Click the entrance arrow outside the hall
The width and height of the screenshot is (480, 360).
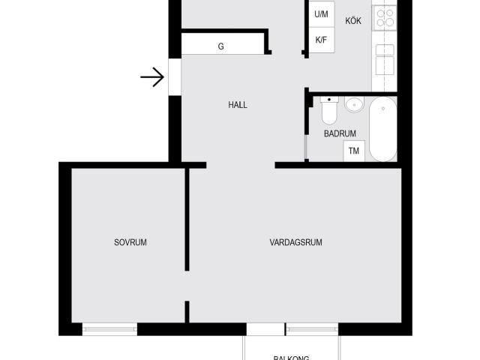153,77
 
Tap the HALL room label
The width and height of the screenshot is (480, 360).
238,105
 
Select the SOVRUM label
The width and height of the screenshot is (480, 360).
130,242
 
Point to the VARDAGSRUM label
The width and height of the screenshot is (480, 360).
295,242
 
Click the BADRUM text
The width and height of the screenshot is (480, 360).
340,133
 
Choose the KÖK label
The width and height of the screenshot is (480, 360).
353,21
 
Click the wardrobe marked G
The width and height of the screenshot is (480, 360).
221,46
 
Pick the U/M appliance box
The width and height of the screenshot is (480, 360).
321,14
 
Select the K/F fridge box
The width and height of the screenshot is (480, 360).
321,40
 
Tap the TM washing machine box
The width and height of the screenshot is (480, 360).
353,151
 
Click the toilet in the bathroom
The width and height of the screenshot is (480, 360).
329,111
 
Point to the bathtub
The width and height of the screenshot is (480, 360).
382,129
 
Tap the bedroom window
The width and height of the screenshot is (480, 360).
109,328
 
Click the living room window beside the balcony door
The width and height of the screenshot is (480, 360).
311,328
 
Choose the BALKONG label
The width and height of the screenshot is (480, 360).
291,358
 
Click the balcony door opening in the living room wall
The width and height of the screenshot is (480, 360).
265,328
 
